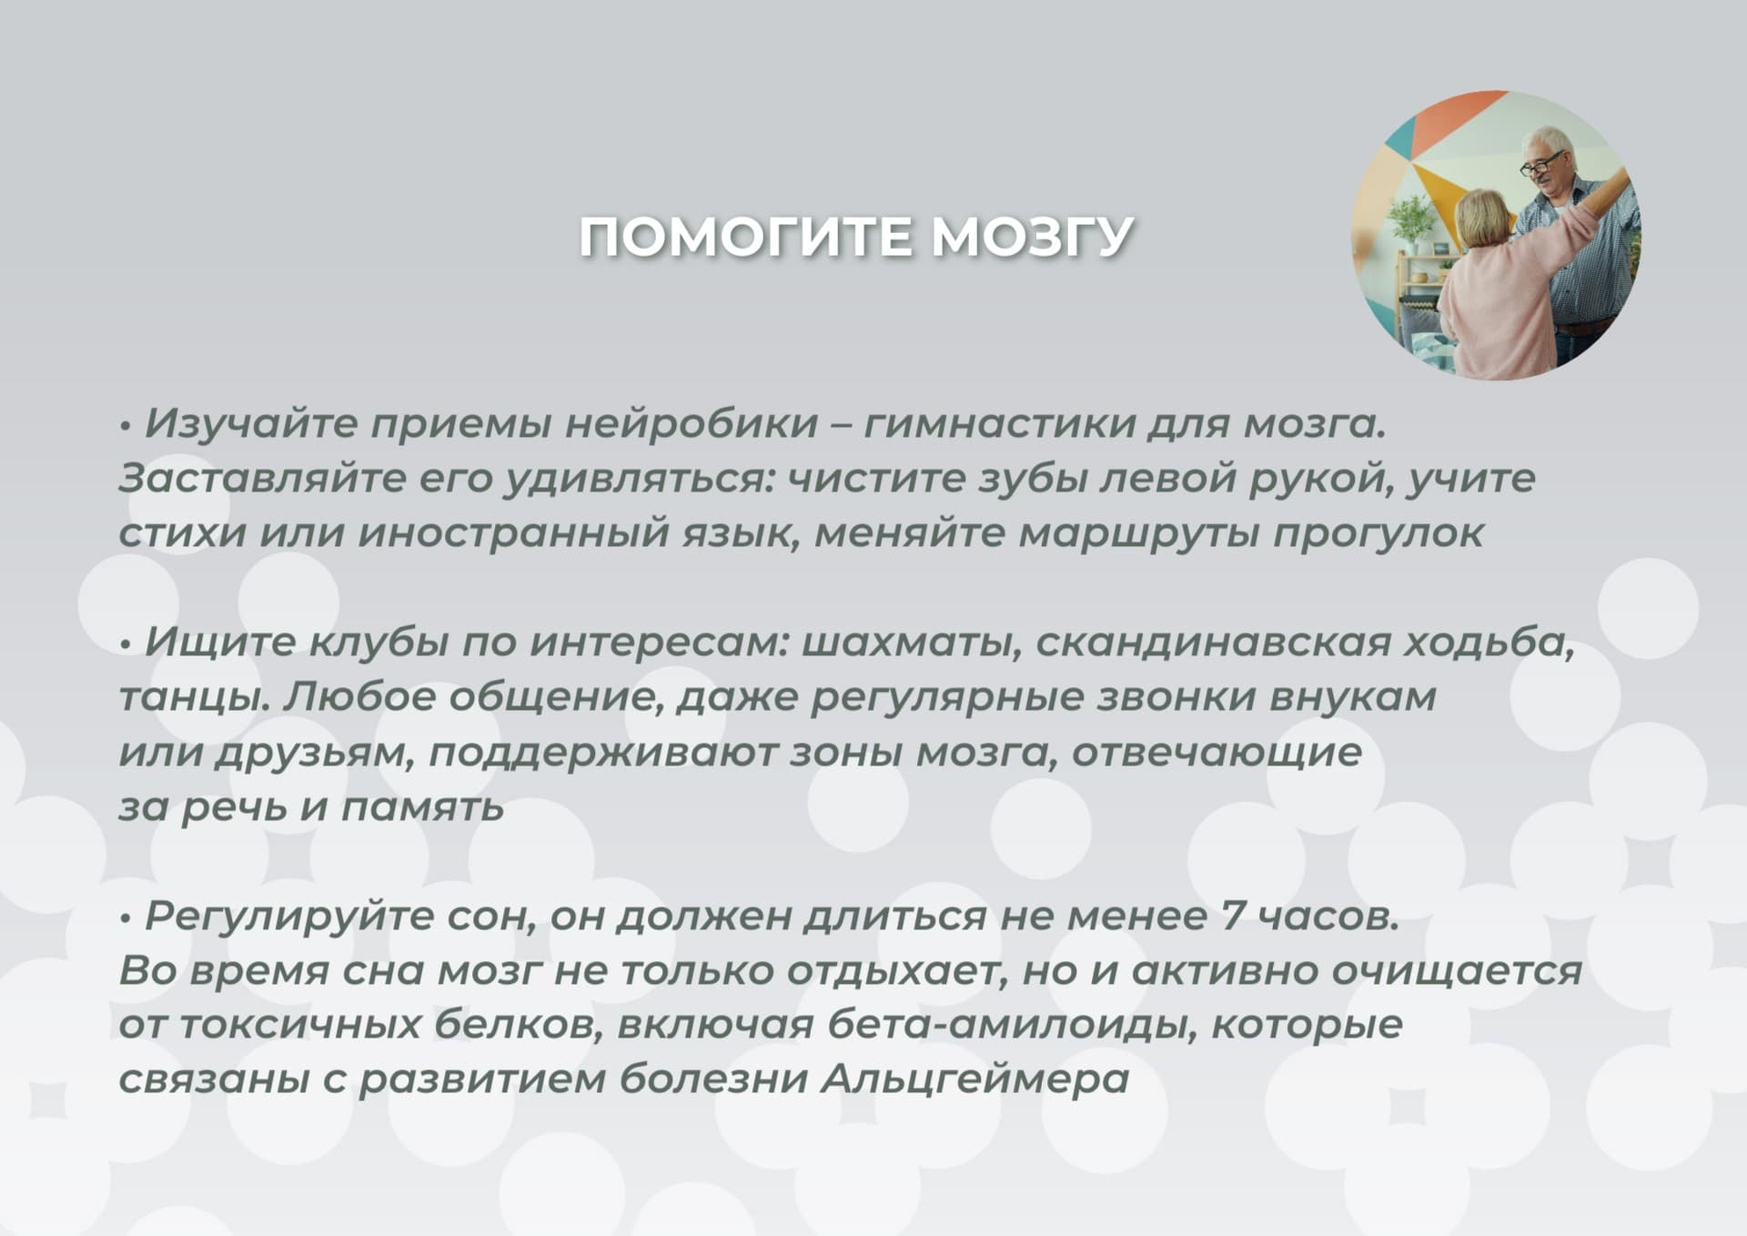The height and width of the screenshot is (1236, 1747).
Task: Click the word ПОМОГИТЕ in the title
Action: [x=747, y=237]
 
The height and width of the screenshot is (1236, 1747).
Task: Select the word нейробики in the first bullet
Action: [x=692, y=424]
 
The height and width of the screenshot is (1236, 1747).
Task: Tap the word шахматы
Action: [x=911, y=643]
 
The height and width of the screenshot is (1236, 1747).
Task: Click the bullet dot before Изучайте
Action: [x=126, y=426]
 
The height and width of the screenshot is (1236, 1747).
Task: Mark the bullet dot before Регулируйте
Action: [x=126, y=917]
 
